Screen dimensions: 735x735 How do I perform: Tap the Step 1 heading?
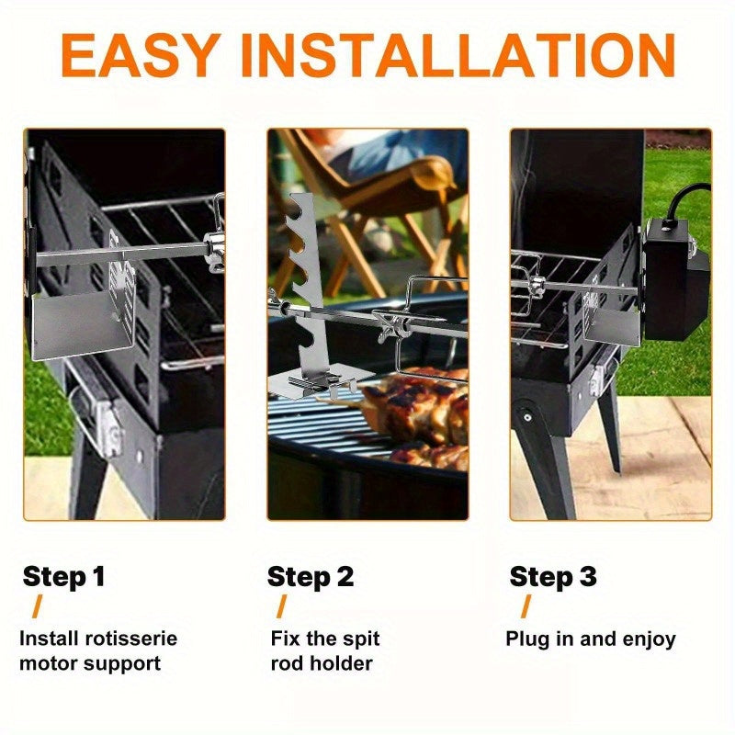coord(63,577)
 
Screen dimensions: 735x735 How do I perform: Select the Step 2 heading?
coord(310,577)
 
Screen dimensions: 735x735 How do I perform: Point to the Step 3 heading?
coord(553,577)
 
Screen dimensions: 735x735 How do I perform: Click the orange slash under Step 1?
coord(37,606)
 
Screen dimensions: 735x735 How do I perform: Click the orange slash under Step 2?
coord(281,606)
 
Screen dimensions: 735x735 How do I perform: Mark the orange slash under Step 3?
coord(526,606)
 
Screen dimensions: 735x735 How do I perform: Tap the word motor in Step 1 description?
coord(48,663)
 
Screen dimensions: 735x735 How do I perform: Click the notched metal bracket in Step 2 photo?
coord(303,276)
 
